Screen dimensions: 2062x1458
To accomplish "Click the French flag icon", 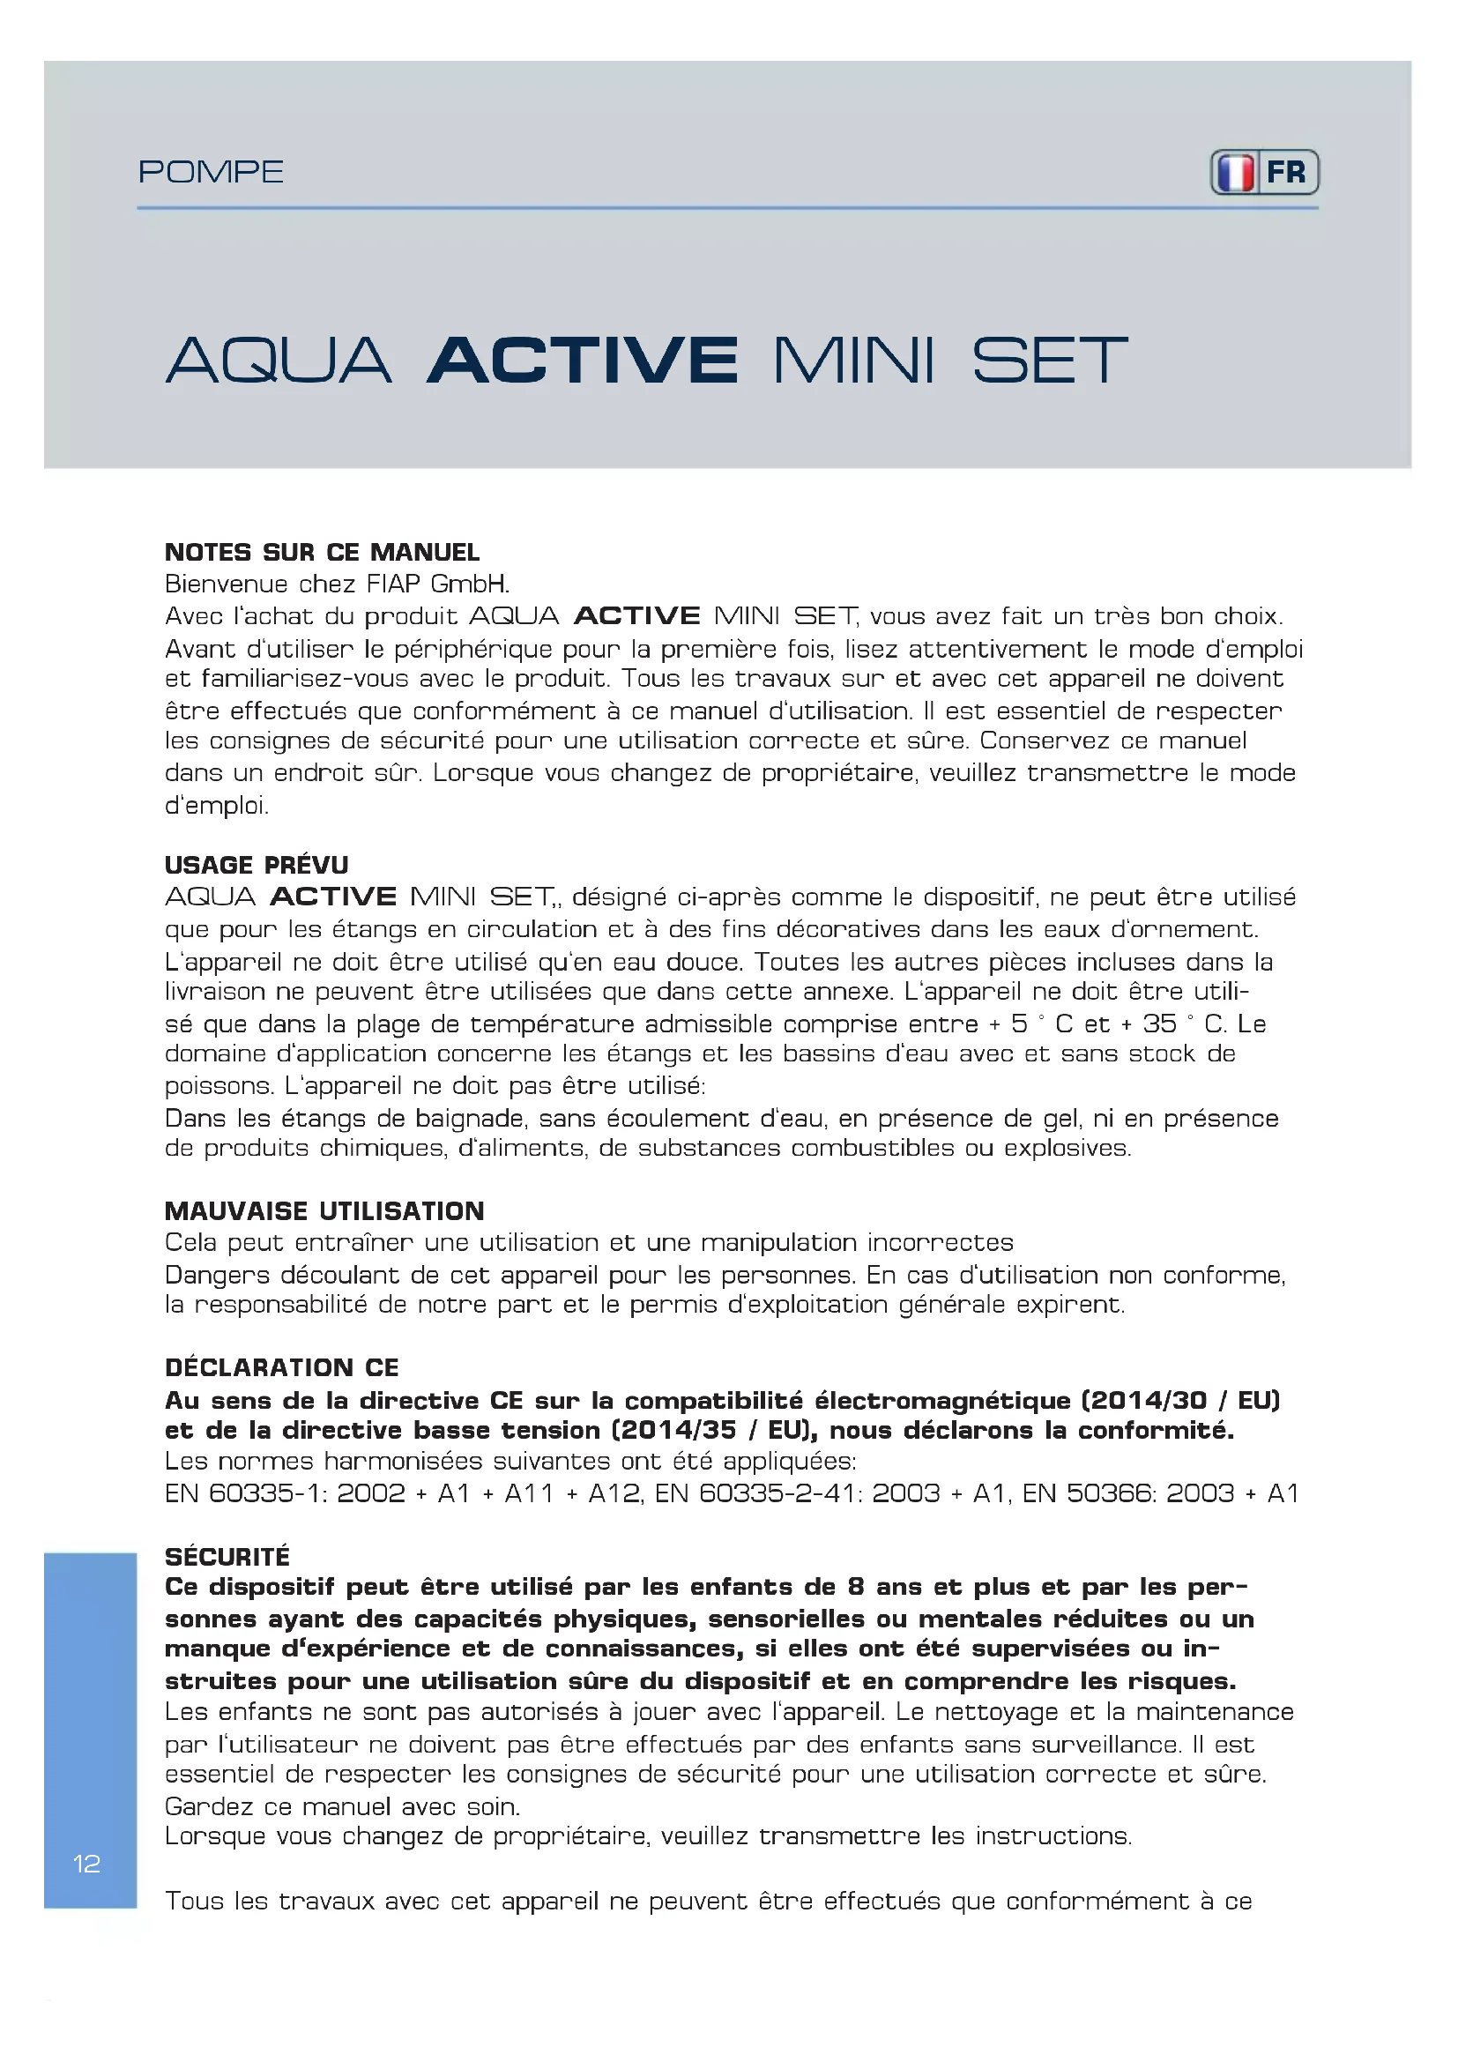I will tap(1235, 173).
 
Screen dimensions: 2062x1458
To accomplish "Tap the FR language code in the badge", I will tap(1285, 173).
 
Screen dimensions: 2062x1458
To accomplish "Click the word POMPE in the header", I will tap(211, 172).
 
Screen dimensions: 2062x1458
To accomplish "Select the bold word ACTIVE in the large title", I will tap(583, 361).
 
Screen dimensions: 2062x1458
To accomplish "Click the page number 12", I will tap(86, 1864).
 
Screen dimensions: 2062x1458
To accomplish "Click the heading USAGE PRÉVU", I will tap(257, 865).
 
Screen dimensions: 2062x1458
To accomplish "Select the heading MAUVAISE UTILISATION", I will tap(324, 1210).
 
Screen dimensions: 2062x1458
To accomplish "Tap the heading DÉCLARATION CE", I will tap(282, 1368).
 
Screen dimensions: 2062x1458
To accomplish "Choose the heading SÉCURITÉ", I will tap(227, 1556).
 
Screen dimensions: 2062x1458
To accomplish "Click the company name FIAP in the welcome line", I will tap(393, 584).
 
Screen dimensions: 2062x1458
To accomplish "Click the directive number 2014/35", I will tap(679, 1430).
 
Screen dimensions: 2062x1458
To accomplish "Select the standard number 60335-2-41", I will tap(778, 1493).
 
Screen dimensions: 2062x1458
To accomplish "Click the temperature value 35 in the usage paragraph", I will tap(1159, 1023).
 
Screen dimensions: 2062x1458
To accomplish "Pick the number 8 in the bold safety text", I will tap(856, 1587).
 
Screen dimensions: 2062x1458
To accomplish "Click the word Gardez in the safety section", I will tap(209, 1806).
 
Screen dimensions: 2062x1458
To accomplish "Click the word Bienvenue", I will tap(227, 584).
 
